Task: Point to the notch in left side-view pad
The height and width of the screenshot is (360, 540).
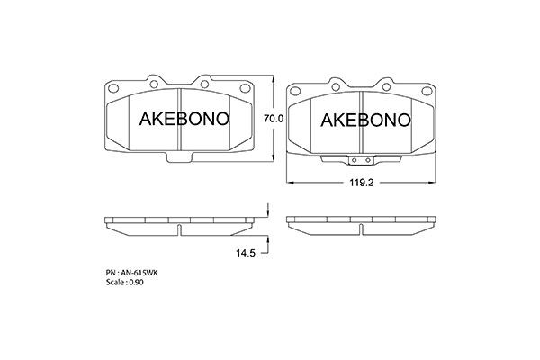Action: click(x=180, y=229)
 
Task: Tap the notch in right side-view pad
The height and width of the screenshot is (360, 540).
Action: click(x=360, y=229)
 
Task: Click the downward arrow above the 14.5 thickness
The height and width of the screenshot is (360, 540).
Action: click(x=267, y=212)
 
